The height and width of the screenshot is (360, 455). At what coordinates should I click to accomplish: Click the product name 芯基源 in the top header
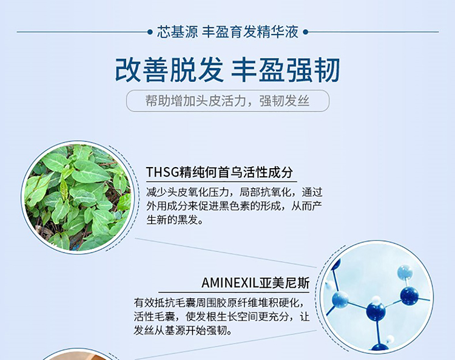[177, 32]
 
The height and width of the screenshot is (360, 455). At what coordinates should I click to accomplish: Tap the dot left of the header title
[150, 32]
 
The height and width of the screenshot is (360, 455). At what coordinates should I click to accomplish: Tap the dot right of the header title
[305, 32]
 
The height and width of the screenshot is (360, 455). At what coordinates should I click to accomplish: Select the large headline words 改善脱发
[169, 70]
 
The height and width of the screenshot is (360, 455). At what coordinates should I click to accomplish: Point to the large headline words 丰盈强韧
[285, 70]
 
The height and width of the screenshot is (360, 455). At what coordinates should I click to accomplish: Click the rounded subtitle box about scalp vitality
[227, 101]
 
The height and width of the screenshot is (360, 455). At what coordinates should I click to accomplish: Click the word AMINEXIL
[230, 282]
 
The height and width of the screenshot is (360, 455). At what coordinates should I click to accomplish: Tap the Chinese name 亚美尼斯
[285, 282]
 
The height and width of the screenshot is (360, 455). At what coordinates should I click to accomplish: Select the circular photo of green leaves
[78, 197]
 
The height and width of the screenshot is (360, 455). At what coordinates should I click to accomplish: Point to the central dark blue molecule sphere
[376, 311]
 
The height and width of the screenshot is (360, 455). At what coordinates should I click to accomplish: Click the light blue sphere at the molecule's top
[405, 273]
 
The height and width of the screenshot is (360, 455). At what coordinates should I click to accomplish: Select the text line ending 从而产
[234, 206]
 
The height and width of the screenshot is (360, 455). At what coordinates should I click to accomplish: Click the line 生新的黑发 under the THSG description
[175, 220]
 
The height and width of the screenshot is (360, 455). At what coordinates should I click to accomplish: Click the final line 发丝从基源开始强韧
[183, 331]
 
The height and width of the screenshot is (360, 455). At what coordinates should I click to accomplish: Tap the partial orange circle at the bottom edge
[78, 355]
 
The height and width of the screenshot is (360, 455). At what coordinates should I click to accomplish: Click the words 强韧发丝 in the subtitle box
[284, 101]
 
